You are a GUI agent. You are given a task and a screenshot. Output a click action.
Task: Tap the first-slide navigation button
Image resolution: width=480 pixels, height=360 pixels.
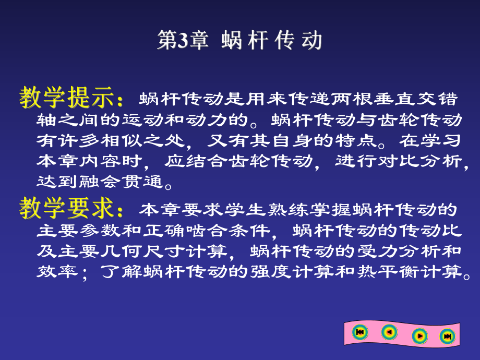(359, 332)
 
